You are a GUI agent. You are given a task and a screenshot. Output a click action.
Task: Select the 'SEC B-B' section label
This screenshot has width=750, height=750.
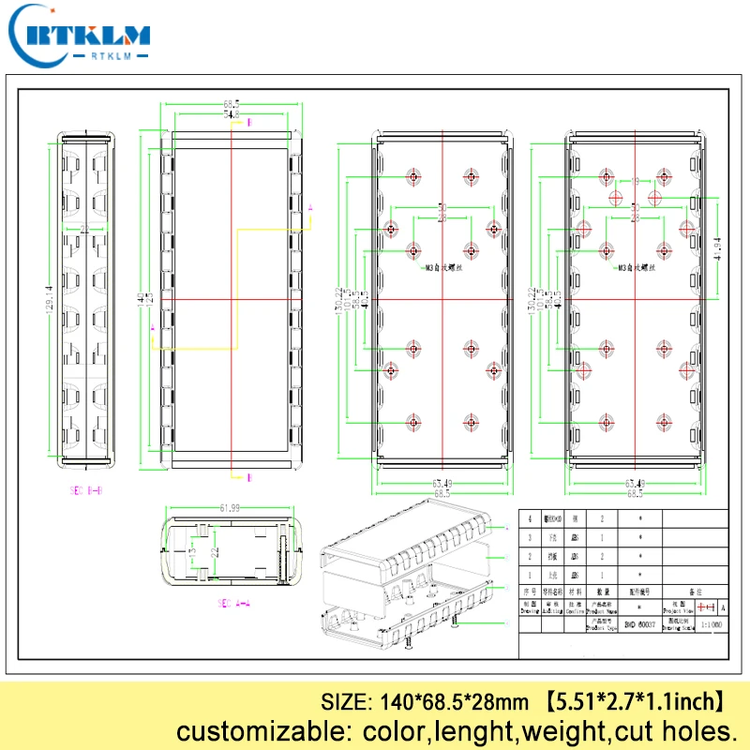(x=86, y=490)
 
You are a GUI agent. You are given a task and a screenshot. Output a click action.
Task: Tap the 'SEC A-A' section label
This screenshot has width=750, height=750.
(x=233, y=604)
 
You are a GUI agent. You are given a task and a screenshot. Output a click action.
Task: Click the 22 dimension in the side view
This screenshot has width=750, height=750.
(x=85, y=228)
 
